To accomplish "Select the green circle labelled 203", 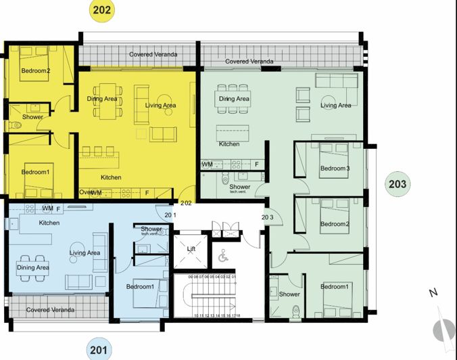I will [x=398, y=183].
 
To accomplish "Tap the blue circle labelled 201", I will [x=99, y=349].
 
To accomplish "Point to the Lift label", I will [x=192, y=250].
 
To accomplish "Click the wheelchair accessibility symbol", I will [x=224, y=256].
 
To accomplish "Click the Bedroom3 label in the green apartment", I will [x=335, y=168].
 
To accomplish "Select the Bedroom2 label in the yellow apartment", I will [x=36, y=71].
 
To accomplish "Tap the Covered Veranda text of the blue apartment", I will [x=51, y=310].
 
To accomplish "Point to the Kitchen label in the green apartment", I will [x=229, y=144].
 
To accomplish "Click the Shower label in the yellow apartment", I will [x=32, y=117].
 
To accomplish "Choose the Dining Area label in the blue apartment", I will [x=33, y=267].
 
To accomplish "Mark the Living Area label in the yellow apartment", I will [x=160, y=106].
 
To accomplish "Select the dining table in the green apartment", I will [x=233, y=99].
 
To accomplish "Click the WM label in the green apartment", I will [x=208, y=164].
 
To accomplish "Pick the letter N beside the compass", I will [x=433, y=293].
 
